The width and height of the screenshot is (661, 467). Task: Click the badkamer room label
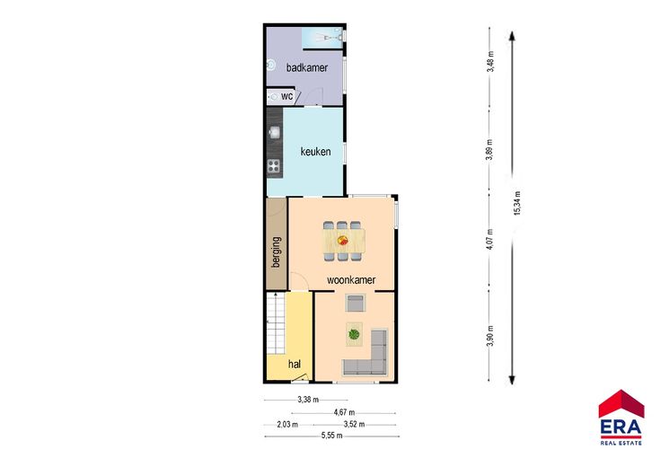[307, 67]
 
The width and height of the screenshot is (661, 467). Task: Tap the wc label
[286, 96]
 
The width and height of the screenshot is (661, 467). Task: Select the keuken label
[315, 151]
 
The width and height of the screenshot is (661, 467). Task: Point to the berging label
[276, 252]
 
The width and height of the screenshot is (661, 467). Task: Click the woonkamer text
[351, 280]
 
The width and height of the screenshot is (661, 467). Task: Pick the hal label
[295, 364]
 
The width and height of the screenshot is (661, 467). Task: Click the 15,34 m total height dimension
[517, 203]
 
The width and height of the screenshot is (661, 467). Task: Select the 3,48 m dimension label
[489, 62]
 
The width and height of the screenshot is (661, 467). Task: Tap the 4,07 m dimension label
[489, 240]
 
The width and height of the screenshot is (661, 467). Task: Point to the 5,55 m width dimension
[331, 436]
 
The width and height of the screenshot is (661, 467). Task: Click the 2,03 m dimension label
[287, 425]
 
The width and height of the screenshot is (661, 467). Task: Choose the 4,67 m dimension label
[344, 412]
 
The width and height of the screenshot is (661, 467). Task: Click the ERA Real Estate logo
[621, 418]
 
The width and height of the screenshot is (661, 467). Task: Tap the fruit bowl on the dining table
[343, 241]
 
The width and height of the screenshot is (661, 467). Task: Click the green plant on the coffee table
[354, 334]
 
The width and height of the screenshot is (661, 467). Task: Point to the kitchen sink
[275, 133]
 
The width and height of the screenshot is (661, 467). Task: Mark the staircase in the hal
[276, 324]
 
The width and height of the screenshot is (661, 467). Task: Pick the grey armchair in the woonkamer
[356, 303]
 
